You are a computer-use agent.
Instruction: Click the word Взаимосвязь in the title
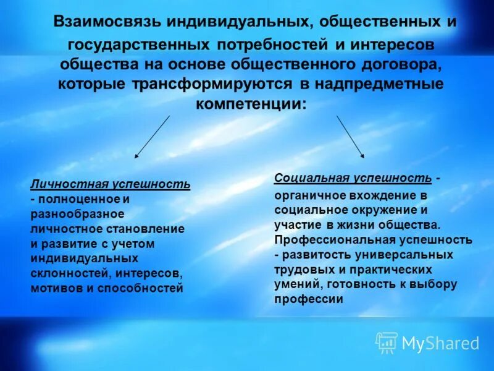click(x=107, y=22)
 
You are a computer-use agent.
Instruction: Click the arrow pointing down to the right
click(x=350, y=137)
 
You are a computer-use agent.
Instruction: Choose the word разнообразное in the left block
click(x=77, y=214)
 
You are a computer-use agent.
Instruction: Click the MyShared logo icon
click(x=387, y=342)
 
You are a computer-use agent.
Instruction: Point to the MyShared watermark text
click(x=440, y=343)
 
